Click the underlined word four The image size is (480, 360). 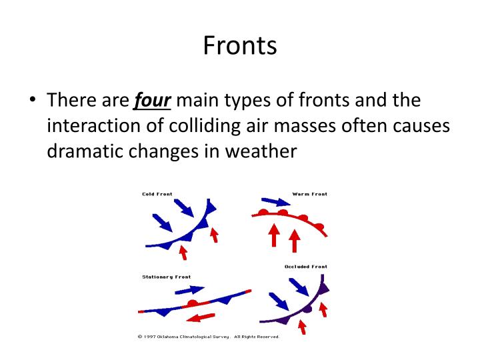[x=153, y=101]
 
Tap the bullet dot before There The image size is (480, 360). [x=32, y=102]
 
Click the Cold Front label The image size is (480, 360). [x=157, y=194]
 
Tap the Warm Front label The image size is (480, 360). [x=309, y=194]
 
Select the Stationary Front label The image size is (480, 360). [x=166, y=277]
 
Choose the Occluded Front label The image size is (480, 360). [x=306, y=267]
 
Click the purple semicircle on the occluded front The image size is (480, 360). [x=307, y=309]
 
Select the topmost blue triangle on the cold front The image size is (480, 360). [x=211, y=207]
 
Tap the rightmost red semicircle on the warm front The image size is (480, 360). [x=319, y=227]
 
